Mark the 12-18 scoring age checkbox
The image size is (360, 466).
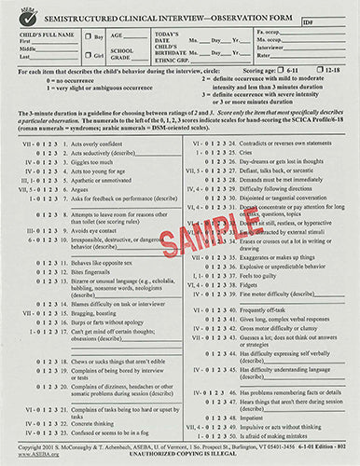298,71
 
